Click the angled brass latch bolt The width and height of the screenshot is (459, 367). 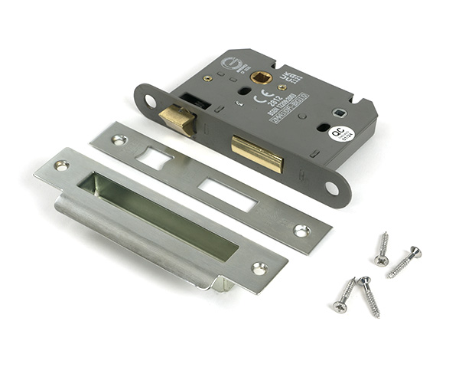pyautogui.click(x=176, y=118)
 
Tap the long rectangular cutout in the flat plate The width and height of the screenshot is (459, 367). pyautogui.click(x=226, y=195)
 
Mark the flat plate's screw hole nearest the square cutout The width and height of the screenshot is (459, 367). pyautogui.click(x=119, y=139)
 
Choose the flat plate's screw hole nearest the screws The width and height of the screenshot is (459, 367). pyautogui.click(x=301, y=230)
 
